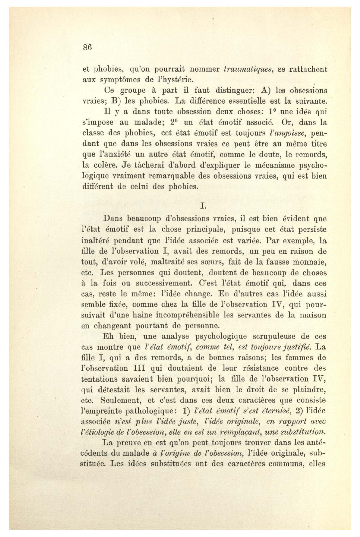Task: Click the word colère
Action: [103, 165]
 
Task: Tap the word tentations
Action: [101, 379]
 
